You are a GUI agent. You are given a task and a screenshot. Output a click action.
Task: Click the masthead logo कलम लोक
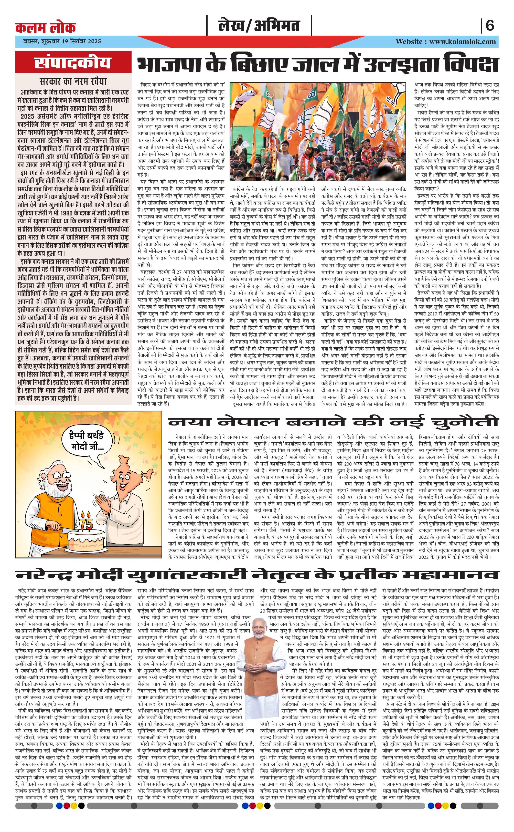46,28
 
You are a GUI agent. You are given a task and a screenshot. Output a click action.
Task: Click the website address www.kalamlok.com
463,41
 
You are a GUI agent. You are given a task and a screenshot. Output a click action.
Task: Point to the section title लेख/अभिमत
259,26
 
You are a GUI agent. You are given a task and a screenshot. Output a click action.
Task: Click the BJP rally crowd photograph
318,132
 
